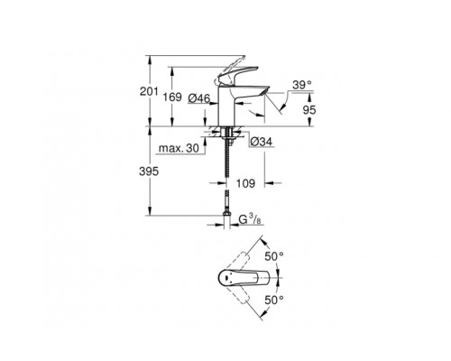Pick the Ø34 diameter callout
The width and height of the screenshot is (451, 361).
click(254, 141)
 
